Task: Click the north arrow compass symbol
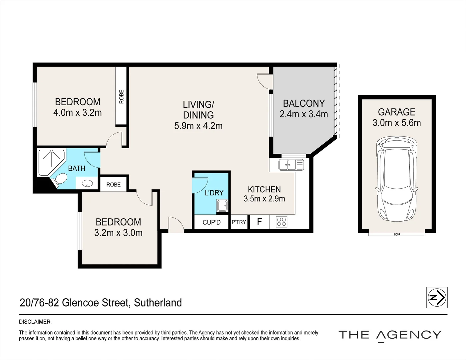point(437,297)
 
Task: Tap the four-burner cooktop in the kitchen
point(281,222)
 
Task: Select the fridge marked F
point(259,222)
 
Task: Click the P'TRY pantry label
point(239,222)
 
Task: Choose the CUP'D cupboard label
point(212,222)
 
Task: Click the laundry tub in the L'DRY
point(222,206)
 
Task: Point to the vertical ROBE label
point(121,96)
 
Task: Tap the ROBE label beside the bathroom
point(113,184)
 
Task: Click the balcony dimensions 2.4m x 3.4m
point(303,114)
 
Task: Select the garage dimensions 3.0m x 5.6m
point(396,123)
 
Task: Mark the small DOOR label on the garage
point(397,235)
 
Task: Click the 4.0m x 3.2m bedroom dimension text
point(77,113)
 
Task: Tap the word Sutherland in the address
point(158,303)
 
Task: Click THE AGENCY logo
point(390,335)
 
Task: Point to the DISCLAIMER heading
point(35,322)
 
